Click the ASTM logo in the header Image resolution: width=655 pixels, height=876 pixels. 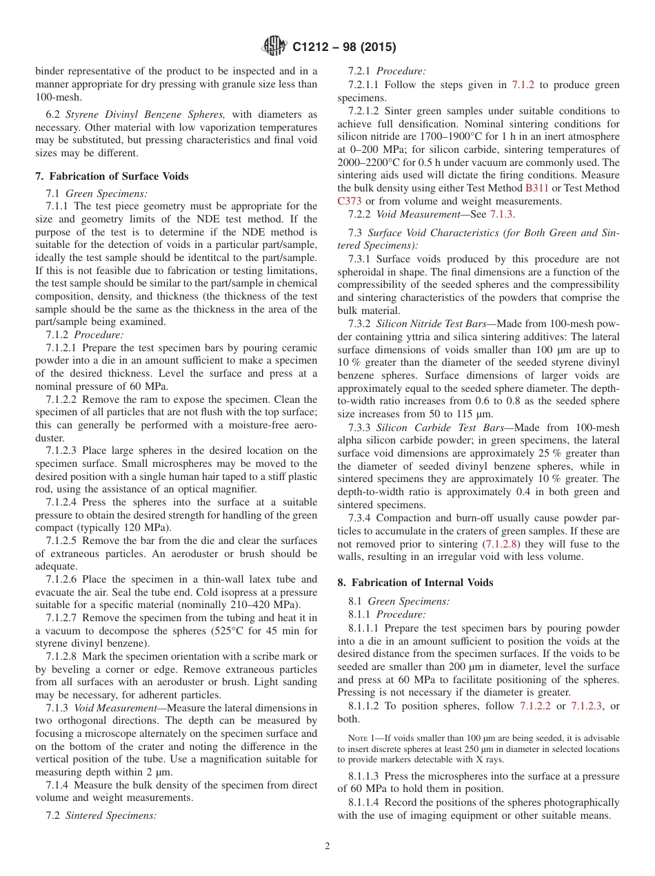(275, 48)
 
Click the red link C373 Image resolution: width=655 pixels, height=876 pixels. (350, 200)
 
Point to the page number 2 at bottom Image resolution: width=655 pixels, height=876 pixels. (327, 846)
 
